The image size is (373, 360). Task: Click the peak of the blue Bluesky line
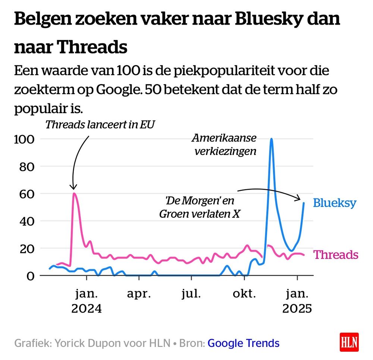coord(272,139)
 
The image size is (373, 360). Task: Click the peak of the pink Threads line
coord(74,193)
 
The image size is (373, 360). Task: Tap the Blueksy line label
coord(335,203)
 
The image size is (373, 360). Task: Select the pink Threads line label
coord(336,255)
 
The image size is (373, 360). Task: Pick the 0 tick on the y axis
coord(31,276)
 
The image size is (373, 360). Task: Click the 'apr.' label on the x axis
coord(139,294)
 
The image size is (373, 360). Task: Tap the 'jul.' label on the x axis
coord(191,294)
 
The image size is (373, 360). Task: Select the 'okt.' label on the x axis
coord(244,294)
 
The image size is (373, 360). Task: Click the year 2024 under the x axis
coord(87,309)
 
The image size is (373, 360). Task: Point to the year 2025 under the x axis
coord(297,309)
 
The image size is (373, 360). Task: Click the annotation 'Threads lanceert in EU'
coord(100,124)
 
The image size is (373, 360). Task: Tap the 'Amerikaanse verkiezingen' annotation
coord(224,145)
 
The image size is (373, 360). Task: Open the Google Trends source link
coord(243,343)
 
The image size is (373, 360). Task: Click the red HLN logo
coord(349,342)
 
